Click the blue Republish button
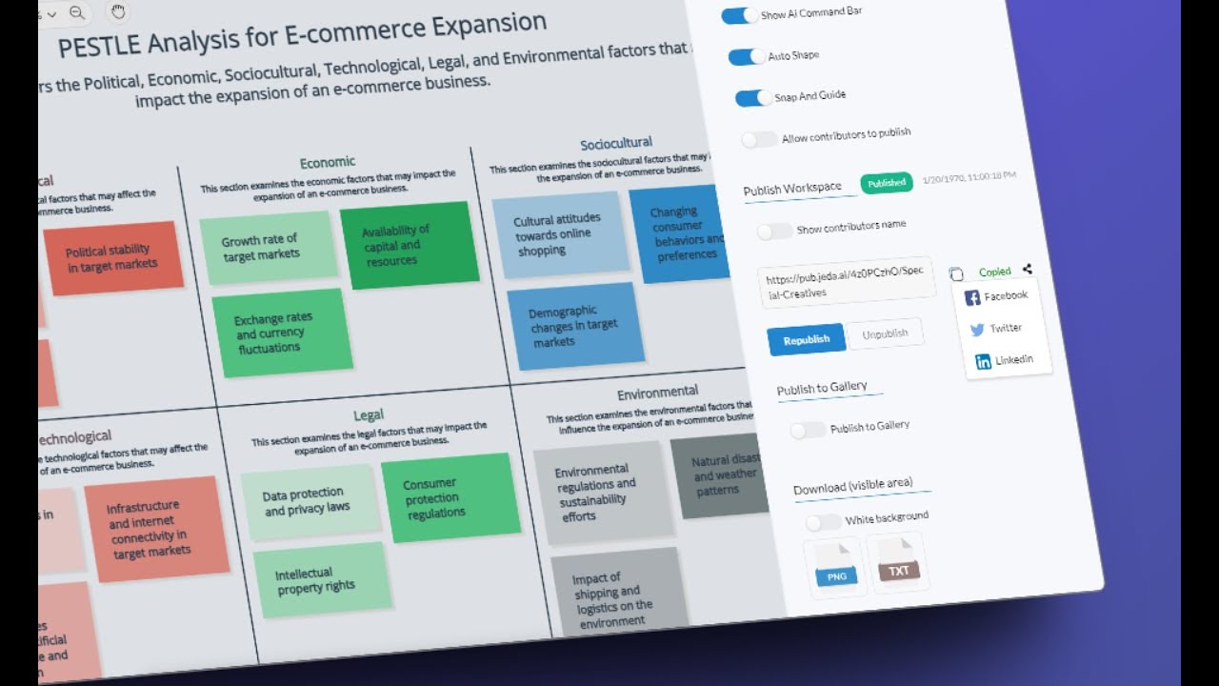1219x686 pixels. pos(806,340)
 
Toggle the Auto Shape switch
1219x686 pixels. pos(747,57)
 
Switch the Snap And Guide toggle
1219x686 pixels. pos(753,98)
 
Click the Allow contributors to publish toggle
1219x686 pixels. pos(759,140)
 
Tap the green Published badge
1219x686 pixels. pos(887,183)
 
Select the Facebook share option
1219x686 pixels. pos(996,296)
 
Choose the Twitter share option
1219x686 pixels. pos(996,329)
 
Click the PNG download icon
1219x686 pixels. pos(836,567)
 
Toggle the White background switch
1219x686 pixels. pos(823,522)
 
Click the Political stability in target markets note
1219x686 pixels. pos(112,258)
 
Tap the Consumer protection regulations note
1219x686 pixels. pos(450,497)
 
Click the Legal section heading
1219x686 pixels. pos(369,415)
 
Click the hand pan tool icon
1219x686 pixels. pos(118,11)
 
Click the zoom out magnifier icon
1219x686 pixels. pos(77,12)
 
